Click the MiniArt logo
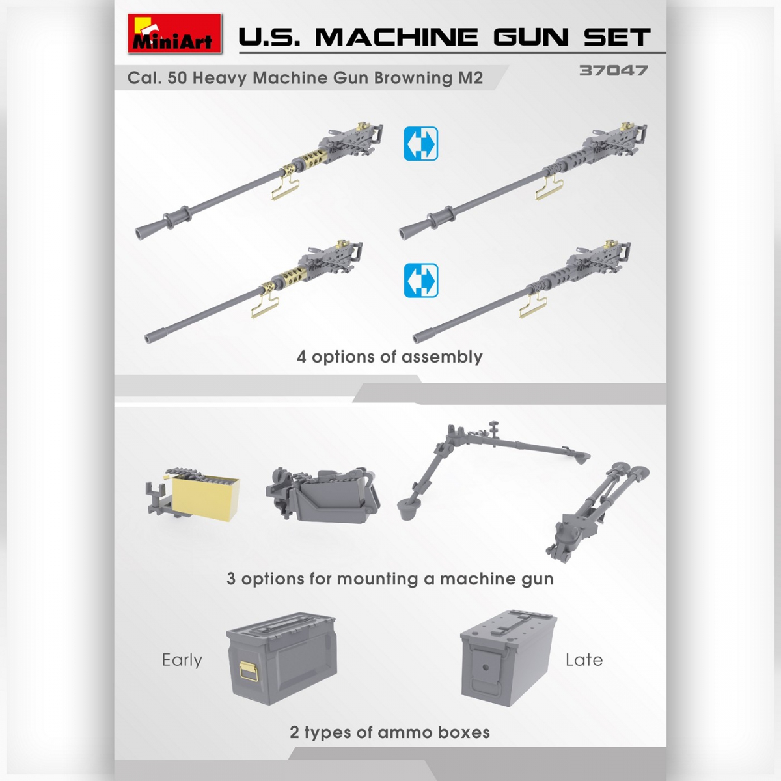pyautogui.click(x=174, y=34)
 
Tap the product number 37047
pyautogui.click(x=613, y=70)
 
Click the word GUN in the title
pyautogui.click(x=530, y=37)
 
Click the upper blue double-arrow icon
pyautogui.click(x=420, y=144)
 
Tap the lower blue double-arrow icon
pyautogui.click(x=420, y=281)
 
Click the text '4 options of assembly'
pyautogui.click(x=389, y=357)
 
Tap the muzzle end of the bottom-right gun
pyautogui.click(x=420, y=336)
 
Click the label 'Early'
pyautogui.click(x=182, y=660)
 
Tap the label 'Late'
pyautogui.click(x=584, y=660)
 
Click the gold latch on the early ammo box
pyautogui.click(x=248, y=671)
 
